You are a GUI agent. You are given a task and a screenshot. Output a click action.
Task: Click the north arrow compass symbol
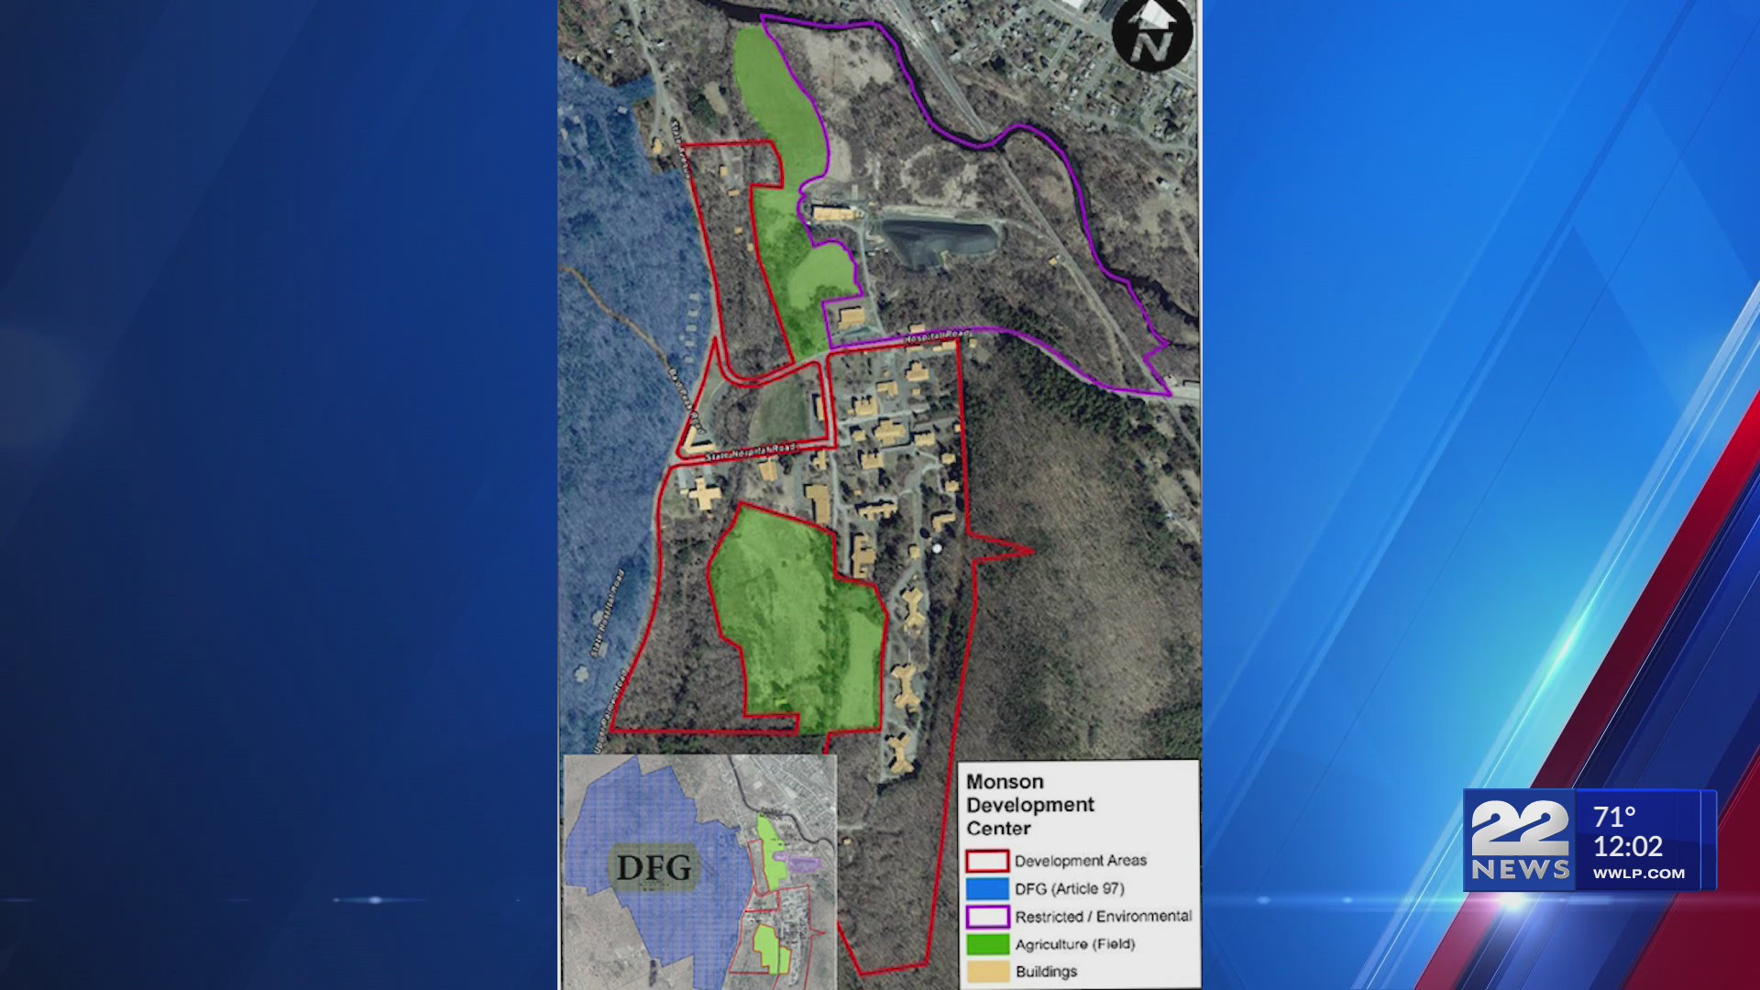coord(1151,35)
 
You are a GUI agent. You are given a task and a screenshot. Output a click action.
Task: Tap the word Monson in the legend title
coord(1005,782)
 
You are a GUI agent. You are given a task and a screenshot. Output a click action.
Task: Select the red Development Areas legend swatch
coord(986,861)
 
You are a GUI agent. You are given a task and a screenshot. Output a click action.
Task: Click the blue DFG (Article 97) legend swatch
coord(986,888)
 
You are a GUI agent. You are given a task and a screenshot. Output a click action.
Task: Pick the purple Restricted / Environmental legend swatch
coord(986,917)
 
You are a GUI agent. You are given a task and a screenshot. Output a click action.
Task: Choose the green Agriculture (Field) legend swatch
coord(986,944)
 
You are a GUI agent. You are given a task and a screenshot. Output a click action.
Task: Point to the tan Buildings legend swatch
coord(986,972)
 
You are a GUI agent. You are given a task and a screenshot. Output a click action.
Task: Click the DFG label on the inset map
coord(654,867)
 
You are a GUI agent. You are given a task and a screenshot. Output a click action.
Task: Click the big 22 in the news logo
coord(1519,828)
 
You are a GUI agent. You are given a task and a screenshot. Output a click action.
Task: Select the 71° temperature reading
coord(1614,816)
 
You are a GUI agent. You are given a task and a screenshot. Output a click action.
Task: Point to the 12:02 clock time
coord(1627,846)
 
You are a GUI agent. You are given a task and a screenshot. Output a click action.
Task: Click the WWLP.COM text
coord(1638,874)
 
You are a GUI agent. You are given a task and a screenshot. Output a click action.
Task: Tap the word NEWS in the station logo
coord(1520,870)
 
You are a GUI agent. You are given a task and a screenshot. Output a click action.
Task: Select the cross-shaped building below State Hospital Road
coord(703,495)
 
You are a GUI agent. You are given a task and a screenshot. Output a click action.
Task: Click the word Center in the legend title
coord(998,829)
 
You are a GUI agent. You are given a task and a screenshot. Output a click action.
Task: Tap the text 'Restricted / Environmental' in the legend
coord(1103,917)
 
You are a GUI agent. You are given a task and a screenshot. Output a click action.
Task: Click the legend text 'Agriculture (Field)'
coord(1074,944)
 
